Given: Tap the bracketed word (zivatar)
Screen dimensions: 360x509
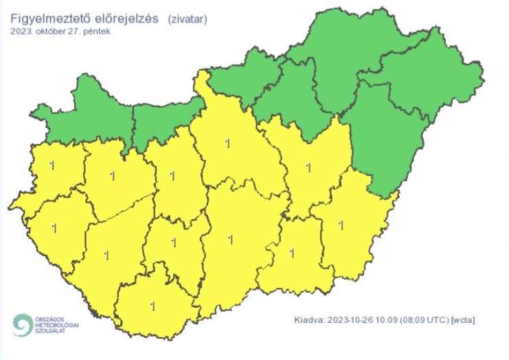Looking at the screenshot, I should [186, 19].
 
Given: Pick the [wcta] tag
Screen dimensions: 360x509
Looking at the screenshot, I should [464, 319].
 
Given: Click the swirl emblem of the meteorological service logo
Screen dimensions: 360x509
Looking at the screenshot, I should [23, 325].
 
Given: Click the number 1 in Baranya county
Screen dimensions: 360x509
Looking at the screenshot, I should [152, 306].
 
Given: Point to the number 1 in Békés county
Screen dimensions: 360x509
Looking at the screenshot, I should [341, 225].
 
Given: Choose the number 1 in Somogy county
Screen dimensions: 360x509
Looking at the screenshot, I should [106, 256].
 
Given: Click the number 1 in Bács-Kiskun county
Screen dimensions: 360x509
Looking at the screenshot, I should [230, 240].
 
